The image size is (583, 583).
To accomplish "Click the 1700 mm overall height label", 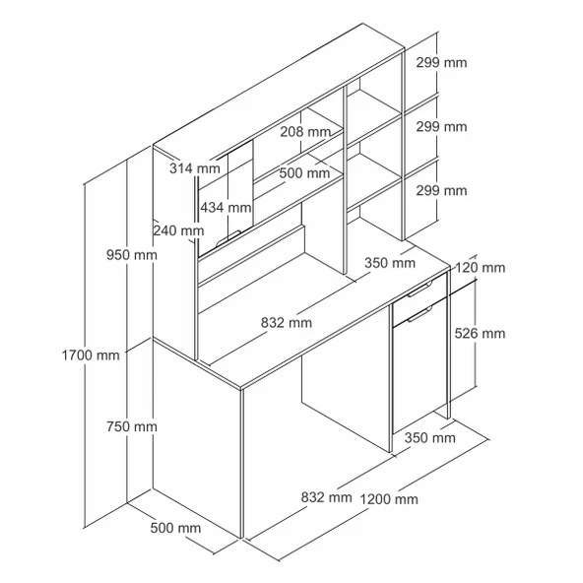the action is [91, 356].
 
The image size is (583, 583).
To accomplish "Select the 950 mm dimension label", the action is [132, 255].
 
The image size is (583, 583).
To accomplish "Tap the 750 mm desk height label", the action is [132, 426].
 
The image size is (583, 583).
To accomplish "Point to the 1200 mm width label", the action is [389, 499].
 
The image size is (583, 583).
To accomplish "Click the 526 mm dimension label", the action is [480, 333].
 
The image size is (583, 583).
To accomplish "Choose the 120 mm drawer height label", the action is [480, 267].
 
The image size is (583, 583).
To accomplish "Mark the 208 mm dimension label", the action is [305, 132].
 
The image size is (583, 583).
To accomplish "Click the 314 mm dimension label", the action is [195, 168].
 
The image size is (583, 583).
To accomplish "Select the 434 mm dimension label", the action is [226, 207].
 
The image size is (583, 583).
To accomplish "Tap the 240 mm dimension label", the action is [179, 230].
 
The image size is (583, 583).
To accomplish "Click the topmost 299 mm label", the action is [441, 62].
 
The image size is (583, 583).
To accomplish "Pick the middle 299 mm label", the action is [441, 127].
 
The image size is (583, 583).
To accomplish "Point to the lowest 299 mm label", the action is [441, 191].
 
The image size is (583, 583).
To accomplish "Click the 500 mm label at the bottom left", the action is [175, 528].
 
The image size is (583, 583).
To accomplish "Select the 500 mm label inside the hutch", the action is [304, 173].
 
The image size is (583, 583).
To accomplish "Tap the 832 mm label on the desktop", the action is [287, 322].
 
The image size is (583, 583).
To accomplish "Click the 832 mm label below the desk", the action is [326, 497].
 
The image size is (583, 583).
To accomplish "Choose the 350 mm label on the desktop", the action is [390, 263].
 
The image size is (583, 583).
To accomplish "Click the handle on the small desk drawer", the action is [420, 290].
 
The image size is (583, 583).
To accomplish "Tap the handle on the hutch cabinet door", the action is [228, 238].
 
